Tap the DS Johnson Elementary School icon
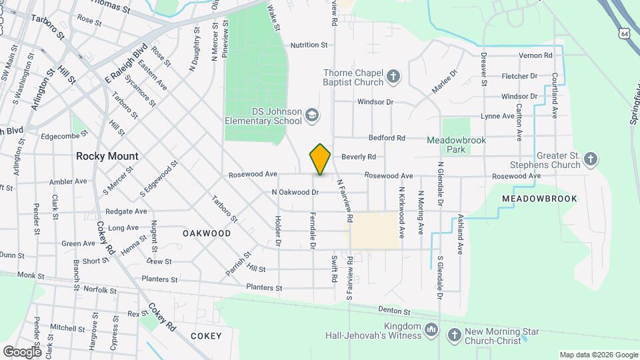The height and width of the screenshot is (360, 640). (x=311, y=116)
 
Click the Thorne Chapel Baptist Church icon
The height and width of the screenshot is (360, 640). (x=393, y=77)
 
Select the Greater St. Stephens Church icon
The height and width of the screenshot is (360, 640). (x=590, y=159)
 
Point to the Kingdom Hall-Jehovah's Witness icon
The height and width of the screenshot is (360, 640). (x=431, y=330)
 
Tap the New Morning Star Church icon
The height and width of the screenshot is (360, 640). (x=454, y=335)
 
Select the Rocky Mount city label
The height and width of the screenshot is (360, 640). (x=107, y=156)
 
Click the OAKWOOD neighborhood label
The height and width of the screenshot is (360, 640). (x=207, y=233)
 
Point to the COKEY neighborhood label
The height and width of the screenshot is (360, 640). (x=205, y=335)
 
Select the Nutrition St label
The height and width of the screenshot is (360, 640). (x=309, y=45)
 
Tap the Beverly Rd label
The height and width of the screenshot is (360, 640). (x=359, y=157)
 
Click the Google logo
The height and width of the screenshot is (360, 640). (x=22, y=351)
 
